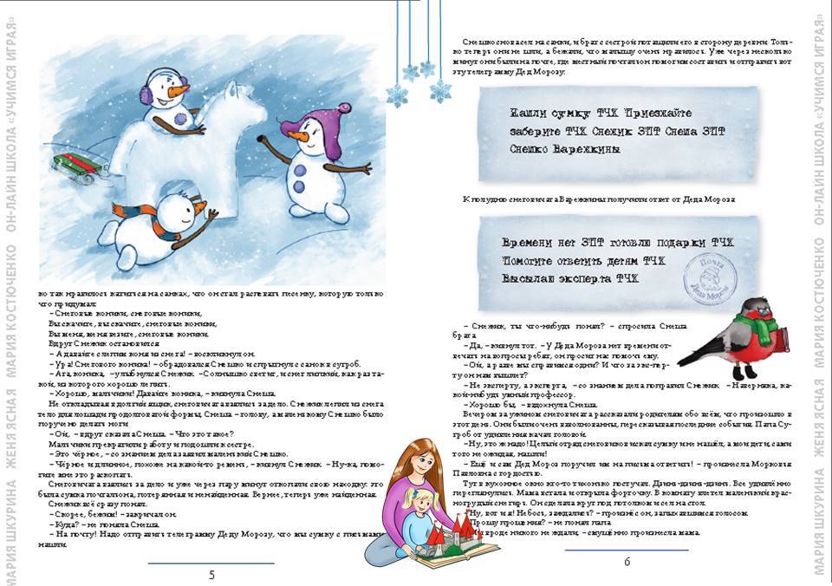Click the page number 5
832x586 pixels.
coord(212,575)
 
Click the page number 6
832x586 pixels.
coord(627,561)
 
